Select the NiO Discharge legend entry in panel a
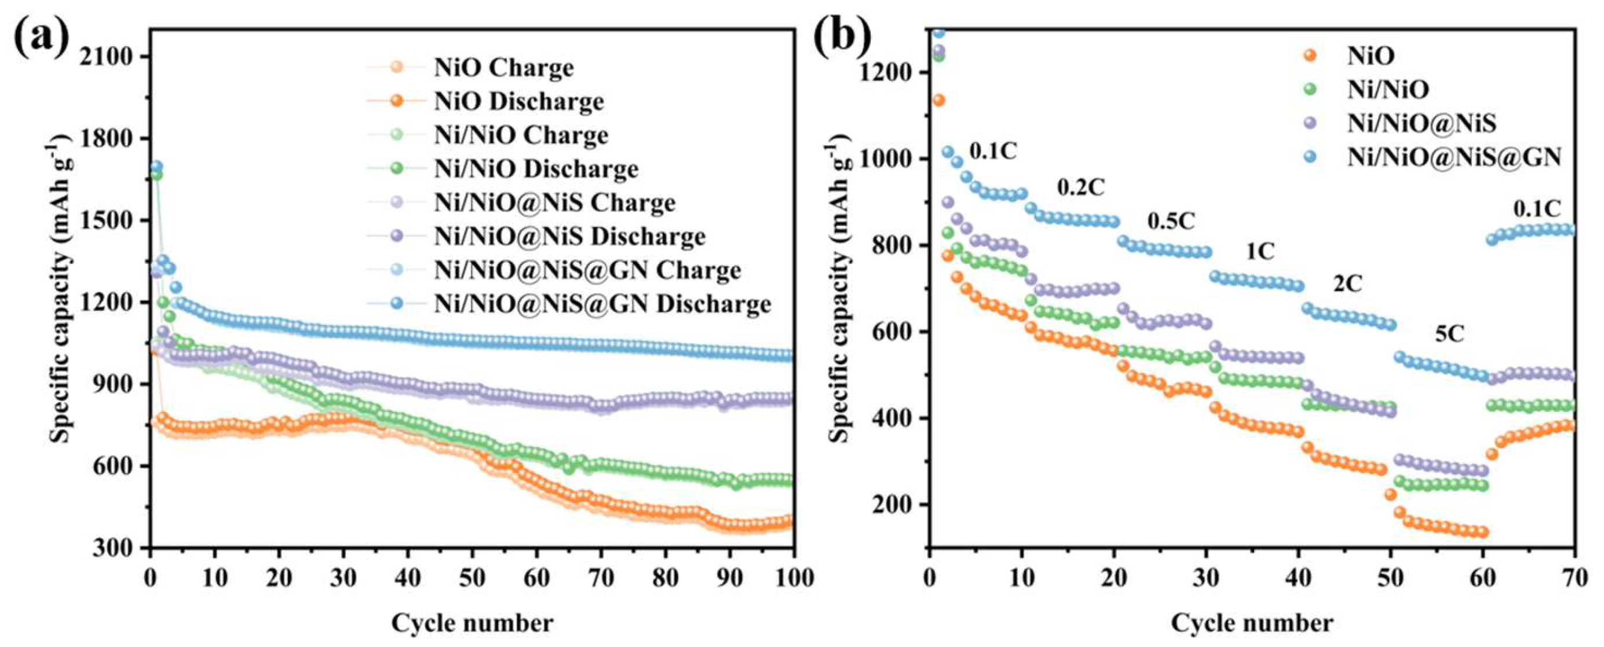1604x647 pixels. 485,101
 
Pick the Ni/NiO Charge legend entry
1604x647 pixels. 488,135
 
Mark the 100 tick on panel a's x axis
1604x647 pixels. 793,578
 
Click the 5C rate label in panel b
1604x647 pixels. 1449,334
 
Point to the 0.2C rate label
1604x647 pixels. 1081,186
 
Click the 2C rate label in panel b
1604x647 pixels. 1347,284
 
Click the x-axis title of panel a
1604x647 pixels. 472,623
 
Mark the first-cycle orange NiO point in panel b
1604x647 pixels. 938,100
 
